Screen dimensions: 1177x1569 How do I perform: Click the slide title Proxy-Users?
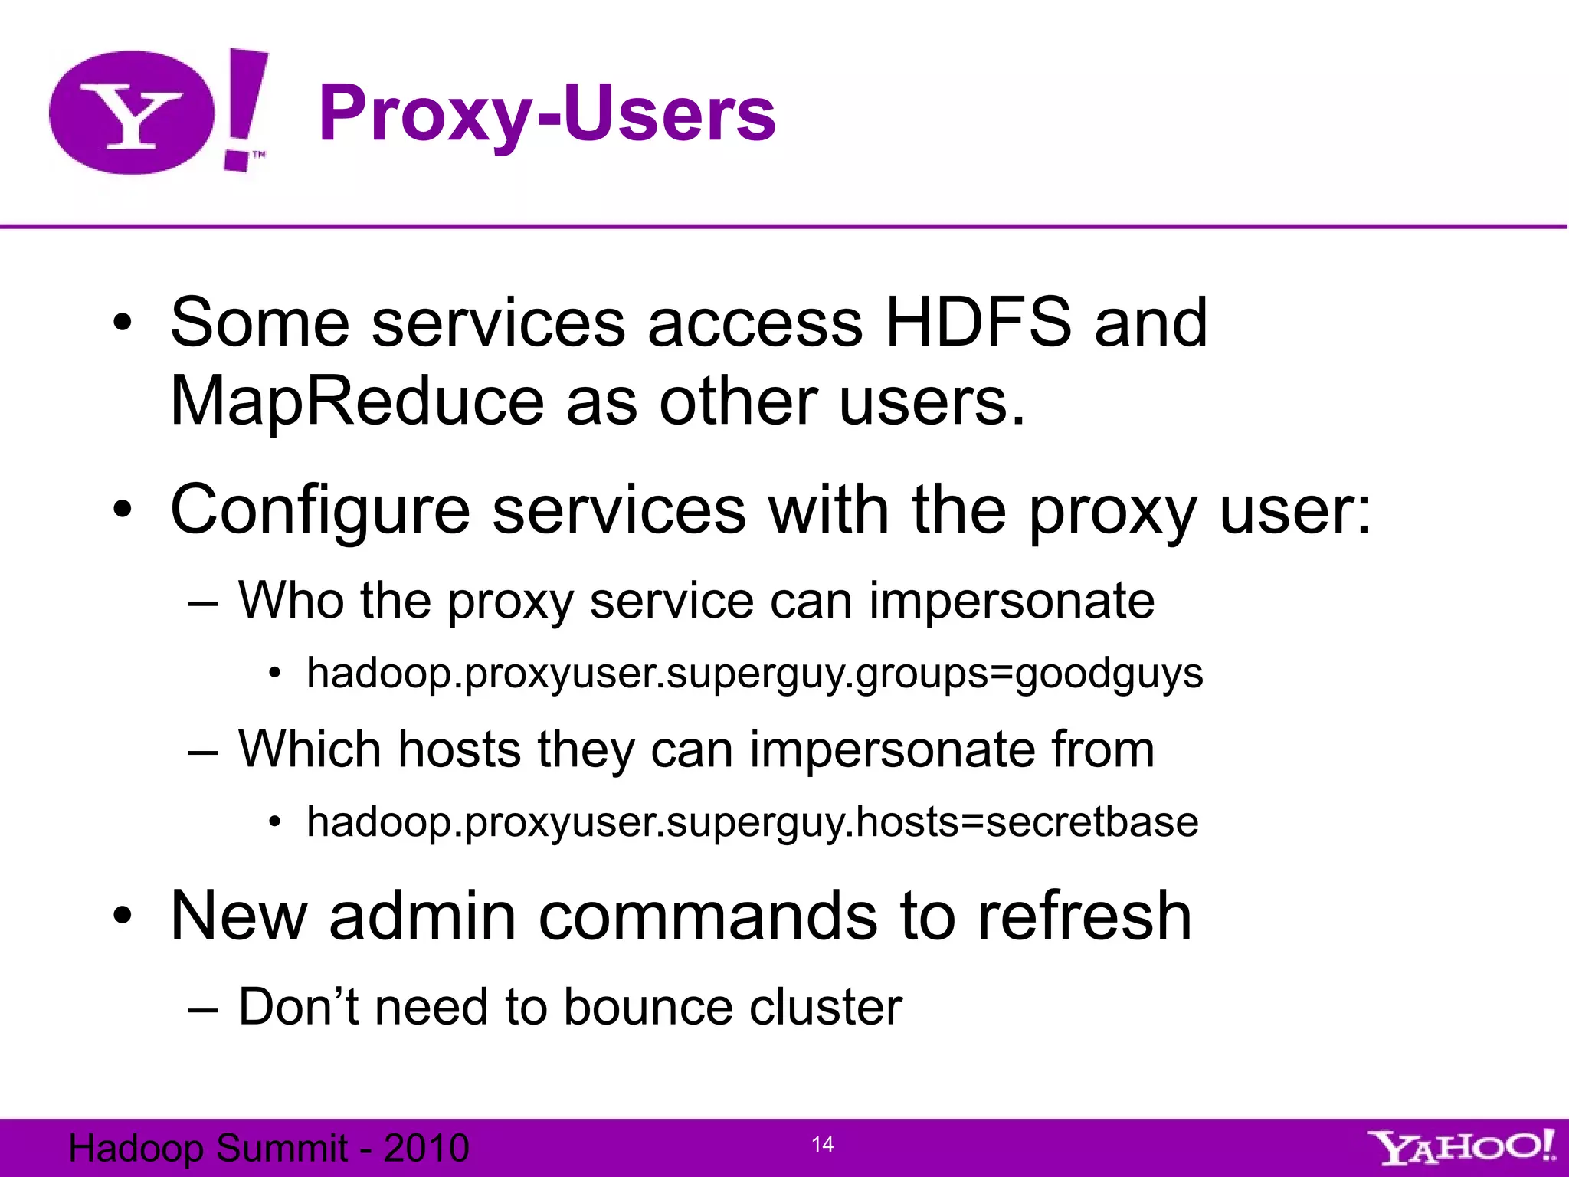547,114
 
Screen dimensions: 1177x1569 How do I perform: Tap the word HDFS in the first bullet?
978,323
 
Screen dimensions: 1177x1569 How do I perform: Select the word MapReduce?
356,402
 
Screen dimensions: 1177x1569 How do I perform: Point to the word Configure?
319,510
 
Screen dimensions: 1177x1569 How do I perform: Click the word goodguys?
1109,674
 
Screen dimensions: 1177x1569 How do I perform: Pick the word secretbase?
1092,822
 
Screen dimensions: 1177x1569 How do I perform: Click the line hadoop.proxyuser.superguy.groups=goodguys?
755,674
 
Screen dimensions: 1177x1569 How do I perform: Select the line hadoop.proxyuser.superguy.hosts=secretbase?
752,822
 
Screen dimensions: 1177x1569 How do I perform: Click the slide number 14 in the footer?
822,1145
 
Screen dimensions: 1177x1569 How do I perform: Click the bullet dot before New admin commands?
123,916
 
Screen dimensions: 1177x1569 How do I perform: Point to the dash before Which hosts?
203,751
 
